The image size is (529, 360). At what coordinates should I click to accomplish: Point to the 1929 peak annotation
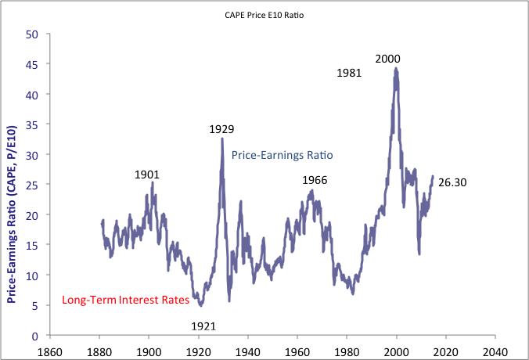[221, 129]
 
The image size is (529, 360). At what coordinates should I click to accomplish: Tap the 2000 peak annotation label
[389, 59]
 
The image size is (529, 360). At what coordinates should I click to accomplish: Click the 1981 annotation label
[350, 73]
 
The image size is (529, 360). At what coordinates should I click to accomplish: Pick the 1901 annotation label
[146, 175]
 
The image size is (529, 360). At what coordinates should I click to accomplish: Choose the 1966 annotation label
[315, 181]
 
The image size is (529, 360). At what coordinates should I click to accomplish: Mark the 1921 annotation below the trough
[203, 326]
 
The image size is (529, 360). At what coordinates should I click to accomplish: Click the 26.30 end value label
[453, 182]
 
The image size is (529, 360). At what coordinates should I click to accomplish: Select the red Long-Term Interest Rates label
[124, 301]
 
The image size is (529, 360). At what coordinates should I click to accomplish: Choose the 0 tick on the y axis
[35, 336]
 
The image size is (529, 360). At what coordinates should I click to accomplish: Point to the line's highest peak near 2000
[397, 68]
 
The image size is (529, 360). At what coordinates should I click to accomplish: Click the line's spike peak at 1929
[222, 139]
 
